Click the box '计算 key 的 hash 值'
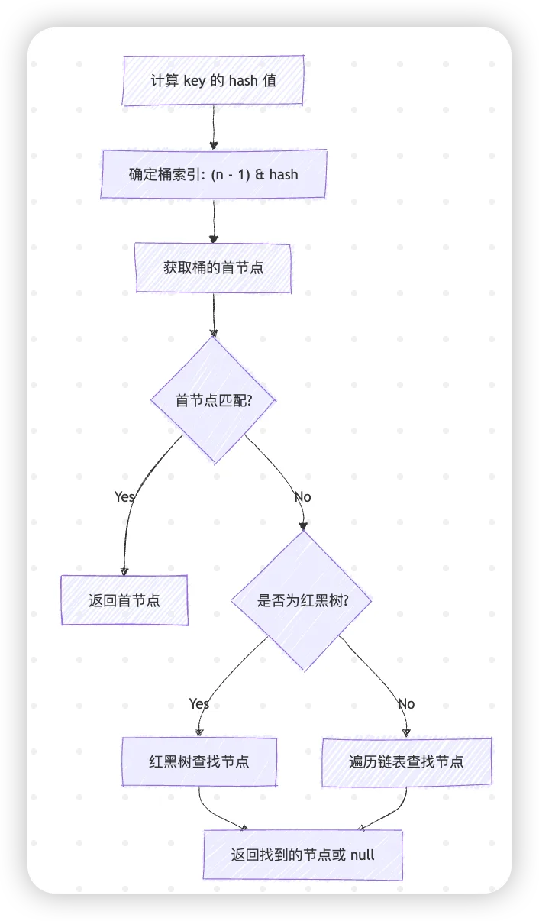pyautogui.click(x=214, y=81)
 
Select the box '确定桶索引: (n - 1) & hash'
pyautogui.click(x=214, y=174)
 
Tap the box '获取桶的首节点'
pyautogui.click(x=213, y=268)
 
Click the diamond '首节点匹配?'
pyautogui.click(x=214, y=400)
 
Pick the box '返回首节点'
pyautogui.click(x=124, y=599)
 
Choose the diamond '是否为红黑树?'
pyautogui.click(x=303, y=600)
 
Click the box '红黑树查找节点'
pyautogui.click(x=199, y=761)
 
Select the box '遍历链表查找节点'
pyautogui.click(x=406, y=761)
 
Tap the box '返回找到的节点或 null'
pyautogui.click(x=302, y=855)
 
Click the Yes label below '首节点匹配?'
pyautogui.click(x=124, y=496)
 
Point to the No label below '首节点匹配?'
pyautogui.click(x=302, y=496)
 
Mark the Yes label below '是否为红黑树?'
pyautogui.click(x=199, y=703)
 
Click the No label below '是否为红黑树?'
pyautogui.click(x=406, y=703)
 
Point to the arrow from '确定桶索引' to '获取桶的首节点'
pyautogui.click(x=214, y=221)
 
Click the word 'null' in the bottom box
pyautogui.click(x=362, y=855)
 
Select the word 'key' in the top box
pyautogui.click(x=195, y=81)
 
